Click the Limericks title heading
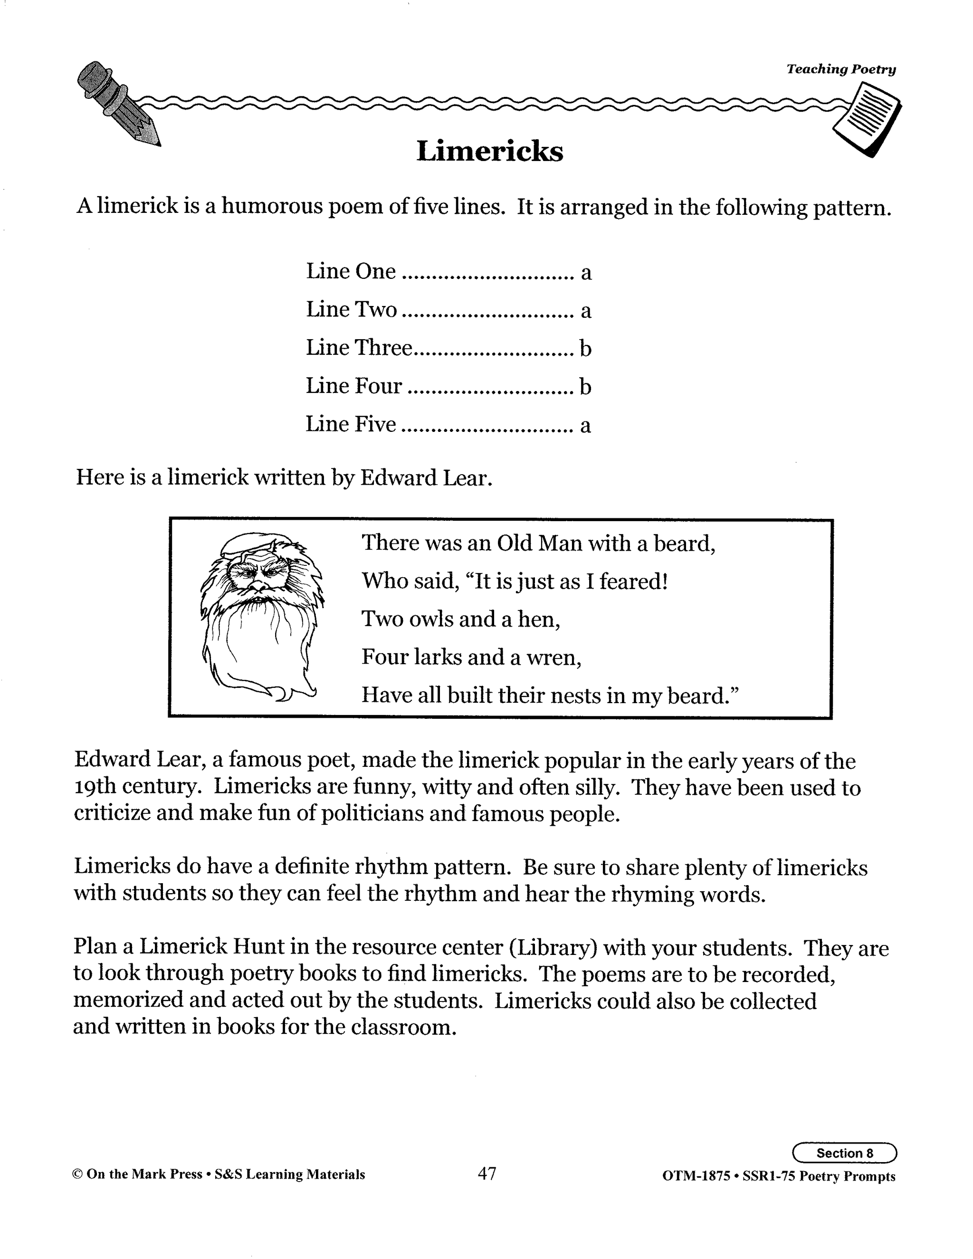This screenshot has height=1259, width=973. [489, 152]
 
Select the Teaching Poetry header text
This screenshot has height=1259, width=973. [841, 69]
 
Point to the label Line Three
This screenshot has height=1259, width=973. [359, 348]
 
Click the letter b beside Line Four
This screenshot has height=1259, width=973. [585, 386]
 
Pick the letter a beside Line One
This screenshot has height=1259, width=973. [586, 272]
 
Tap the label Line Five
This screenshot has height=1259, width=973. [351, 424]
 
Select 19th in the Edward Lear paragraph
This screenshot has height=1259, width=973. [95, 787]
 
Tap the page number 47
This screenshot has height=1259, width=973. [487, 1173]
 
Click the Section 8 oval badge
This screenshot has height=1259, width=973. [844, 1153]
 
